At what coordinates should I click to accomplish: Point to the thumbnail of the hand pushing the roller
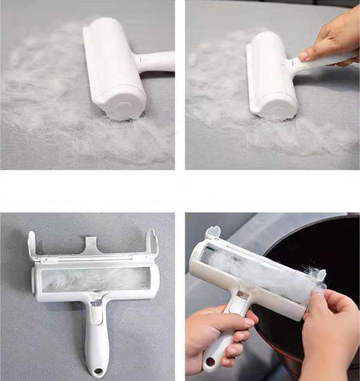point(303,56)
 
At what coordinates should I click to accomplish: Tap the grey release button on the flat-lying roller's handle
point(96,304)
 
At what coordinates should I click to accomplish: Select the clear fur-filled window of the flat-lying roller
point(96,279)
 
